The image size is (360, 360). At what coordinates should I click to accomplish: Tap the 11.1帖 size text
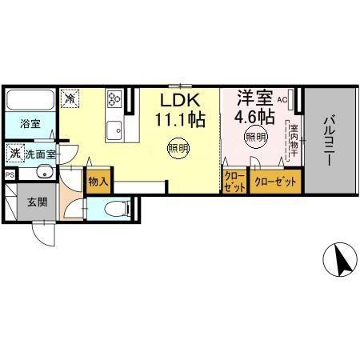click(x=181, y=119)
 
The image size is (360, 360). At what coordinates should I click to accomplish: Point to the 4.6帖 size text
click(x=254, y=117)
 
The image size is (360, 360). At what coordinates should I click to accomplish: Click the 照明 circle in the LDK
click(x=178, y=147)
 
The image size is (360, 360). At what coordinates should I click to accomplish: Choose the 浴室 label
click(x=30, y=125)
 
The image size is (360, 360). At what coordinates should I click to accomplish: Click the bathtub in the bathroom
click(x=30, y=102)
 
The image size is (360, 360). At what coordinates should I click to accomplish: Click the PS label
click(x=10, y=174)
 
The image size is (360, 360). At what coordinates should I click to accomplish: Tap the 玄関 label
click(x=36, y=202)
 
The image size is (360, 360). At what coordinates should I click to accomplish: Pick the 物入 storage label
click(x=98, y=182)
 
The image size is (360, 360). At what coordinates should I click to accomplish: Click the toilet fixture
click(x=116, y=209)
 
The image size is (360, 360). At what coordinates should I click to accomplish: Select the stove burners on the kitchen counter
click(x=114, y=99)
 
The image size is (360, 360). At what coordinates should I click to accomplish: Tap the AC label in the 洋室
click(x=282, y=101)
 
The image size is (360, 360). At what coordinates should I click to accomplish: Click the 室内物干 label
click(x=294, y=139)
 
